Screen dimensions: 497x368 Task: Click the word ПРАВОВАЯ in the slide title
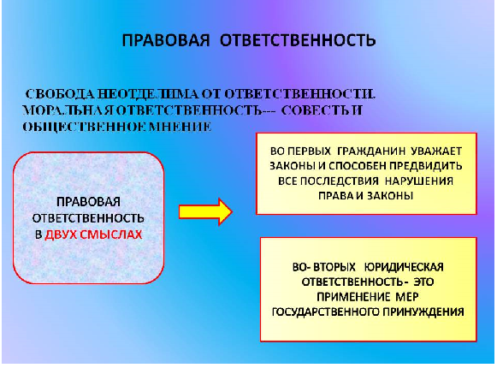tap(166, 40)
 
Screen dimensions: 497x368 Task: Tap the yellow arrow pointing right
tap(205, 212)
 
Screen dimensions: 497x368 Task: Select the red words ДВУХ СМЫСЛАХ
tap(93, 234)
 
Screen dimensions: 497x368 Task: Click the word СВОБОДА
tap(59, 94)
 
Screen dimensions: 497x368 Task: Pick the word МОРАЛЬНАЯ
tap(68, 110)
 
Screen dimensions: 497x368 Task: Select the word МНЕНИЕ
tap(180, 127)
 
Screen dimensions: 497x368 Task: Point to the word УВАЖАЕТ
tap(436, 151)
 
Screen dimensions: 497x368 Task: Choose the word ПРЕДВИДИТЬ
tap(426, 166)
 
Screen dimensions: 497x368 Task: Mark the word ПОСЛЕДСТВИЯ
tap(339, 181)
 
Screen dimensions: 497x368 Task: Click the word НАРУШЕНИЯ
tap(419, 181)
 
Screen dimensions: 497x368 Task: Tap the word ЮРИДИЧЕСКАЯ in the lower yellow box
tap(404, 267)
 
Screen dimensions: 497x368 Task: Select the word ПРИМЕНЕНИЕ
tap(353, 297)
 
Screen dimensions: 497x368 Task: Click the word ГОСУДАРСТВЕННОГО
tap(326, 312)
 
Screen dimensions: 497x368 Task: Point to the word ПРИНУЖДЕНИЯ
tap(423, 312)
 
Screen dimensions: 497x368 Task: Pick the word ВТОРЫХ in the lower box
tap(334, 267)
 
